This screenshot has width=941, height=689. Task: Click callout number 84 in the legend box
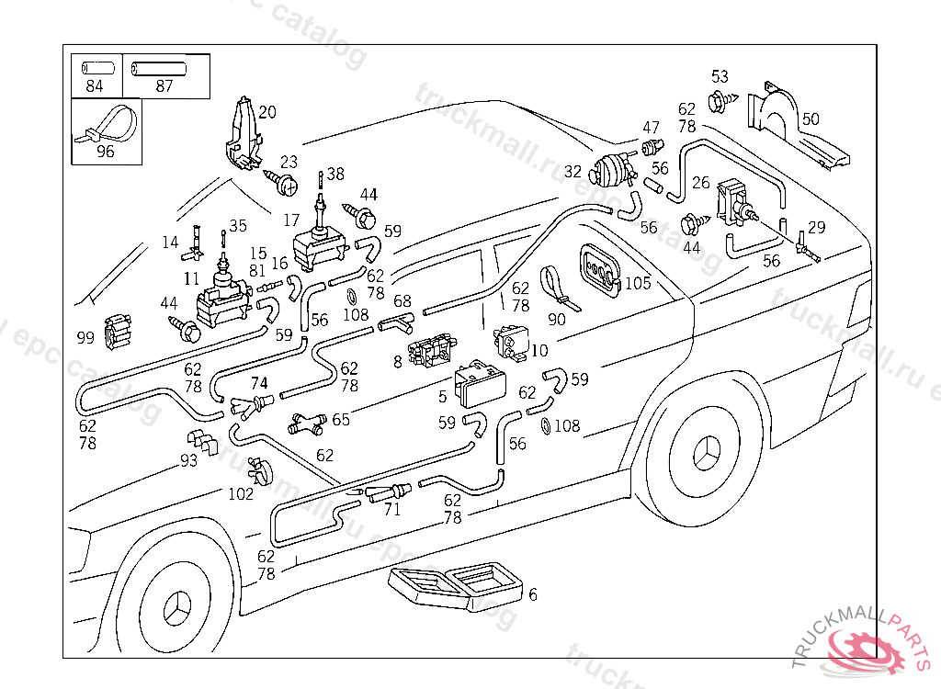[95, 87]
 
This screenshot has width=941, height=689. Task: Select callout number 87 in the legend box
[164, 87]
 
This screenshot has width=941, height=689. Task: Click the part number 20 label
[266, 113]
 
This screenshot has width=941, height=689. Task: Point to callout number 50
[810, 119]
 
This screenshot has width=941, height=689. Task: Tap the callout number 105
[638, 283]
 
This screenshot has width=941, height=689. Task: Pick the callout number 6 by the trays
[532, 594]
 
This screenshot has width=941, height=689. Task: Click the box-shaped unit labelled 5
[480, 385]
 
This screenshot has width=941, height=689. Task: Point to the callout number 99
[85, 338]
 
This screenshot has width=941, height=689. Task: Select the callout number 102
[241, 493]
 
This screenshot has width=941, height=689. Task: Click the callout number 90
[557, 320]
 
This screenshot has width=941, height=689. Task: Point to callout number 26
[700, 183]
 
